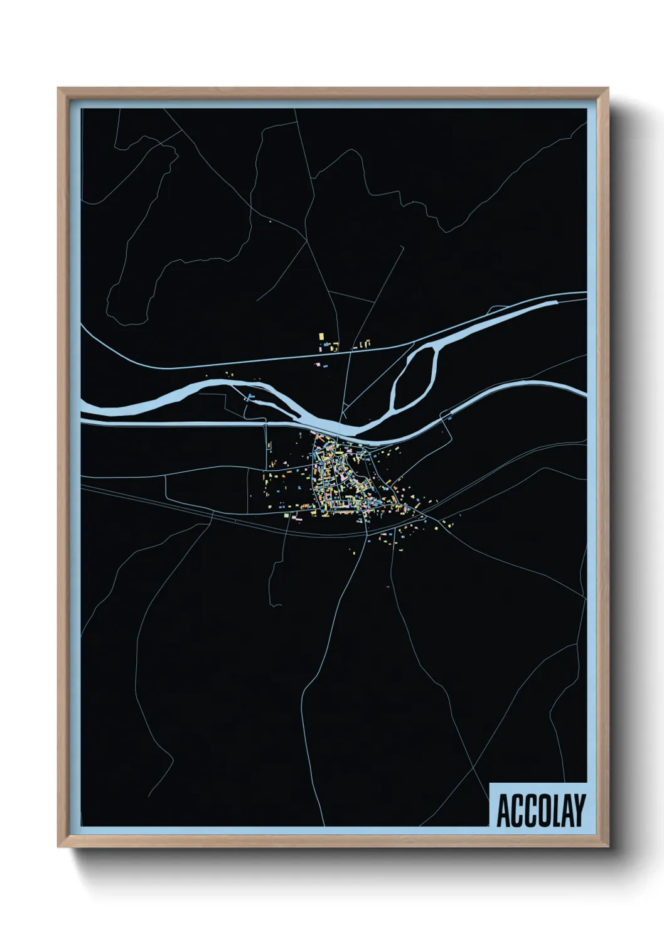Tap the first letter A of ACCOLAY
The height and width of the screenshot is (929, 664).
point(503,811)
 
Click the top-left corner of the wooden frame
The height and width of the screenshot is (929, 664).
point(58,89)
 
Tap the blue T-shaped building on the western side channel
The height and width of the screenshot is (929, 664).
point(250,397)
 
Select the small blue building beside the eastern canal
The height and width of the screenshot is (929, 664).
point(451,417)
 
